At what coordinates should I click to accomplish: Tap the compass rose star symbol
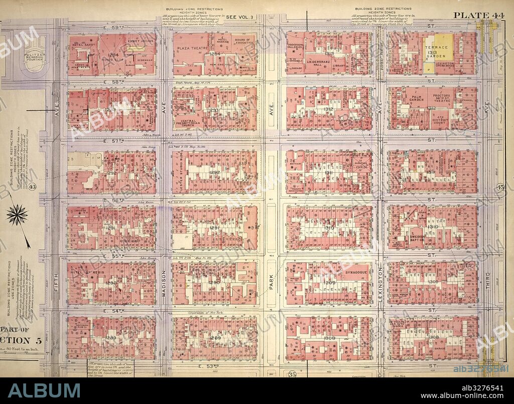click(x=17, y=215)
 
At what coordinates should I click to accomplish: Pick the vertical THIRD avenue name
click(x=487, y=283)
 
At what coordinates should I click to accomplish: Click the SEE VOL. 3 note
click(x=240, y=17)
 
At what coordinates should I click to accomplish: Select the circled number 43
click(x=34, y=187)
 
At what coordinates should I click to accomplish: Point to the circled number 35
click(x=292, y=373)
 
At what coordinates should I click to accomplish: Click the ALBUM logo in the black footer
click(x=44, y=390)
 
